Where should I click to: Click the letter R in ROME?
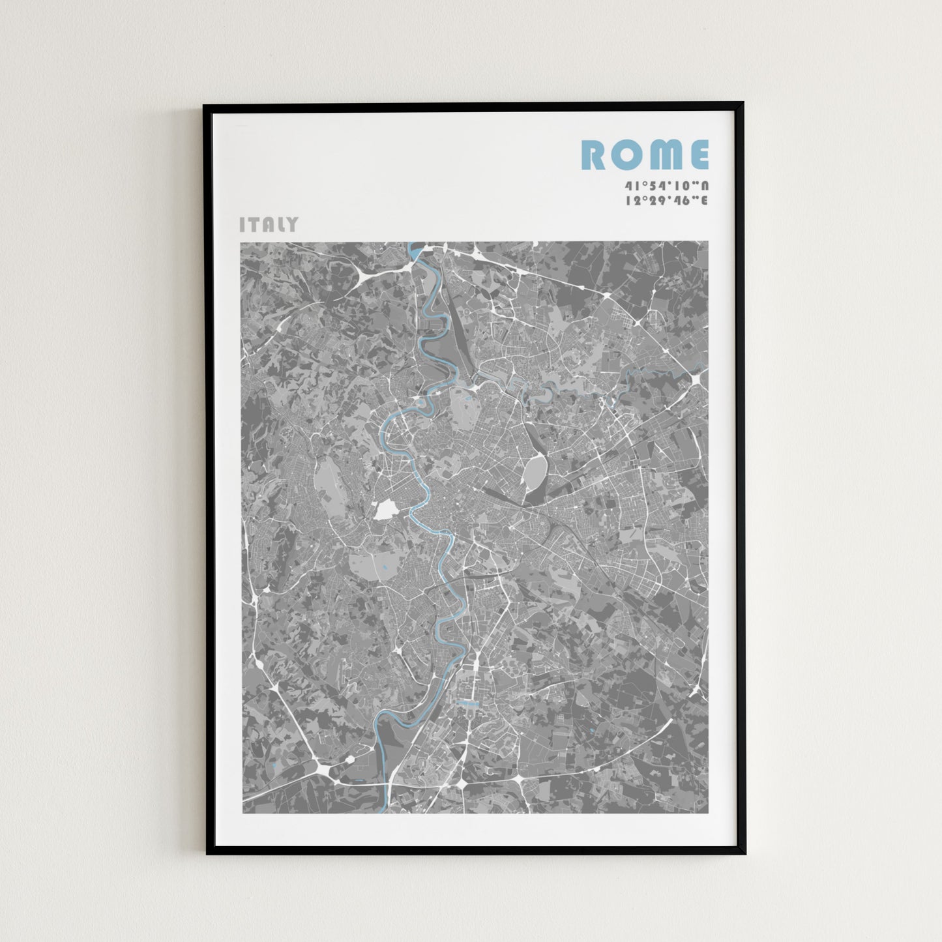tap(594, 155)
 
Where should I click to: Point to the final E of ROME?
tap(698, 155)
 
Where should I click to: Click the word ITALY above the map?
tap(269, 225)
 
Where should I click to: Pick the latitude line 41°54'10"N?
tap(666, 185)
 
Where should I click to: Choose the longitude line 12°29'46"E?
tap(666, 201)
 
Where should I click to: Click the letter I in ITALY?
tap(243, 225)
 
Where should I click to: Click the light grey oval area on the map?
tap(536, 471)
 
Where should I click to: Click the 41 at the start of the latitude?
tap(630, 185)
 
